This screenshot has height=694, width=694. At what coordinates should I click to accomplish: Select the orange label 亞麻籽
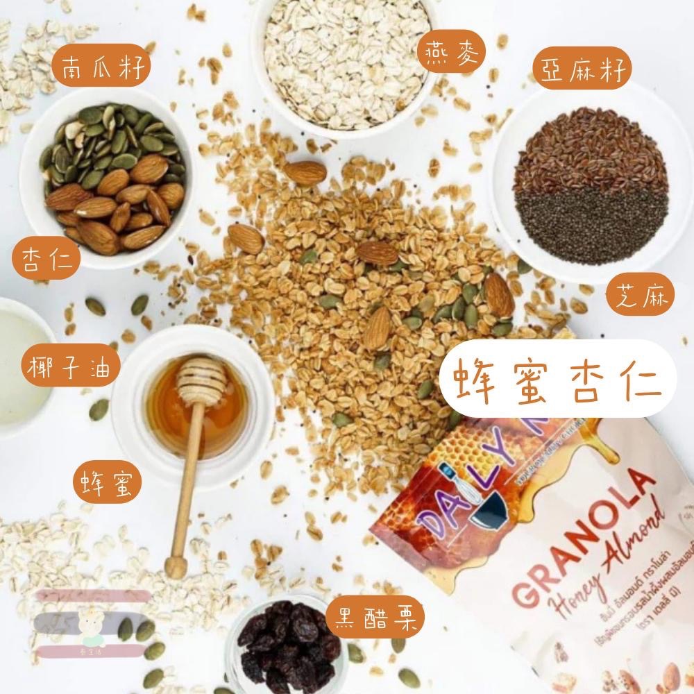582,71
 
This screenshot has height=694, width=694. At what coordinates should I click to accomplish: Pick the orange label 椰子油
60,364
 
